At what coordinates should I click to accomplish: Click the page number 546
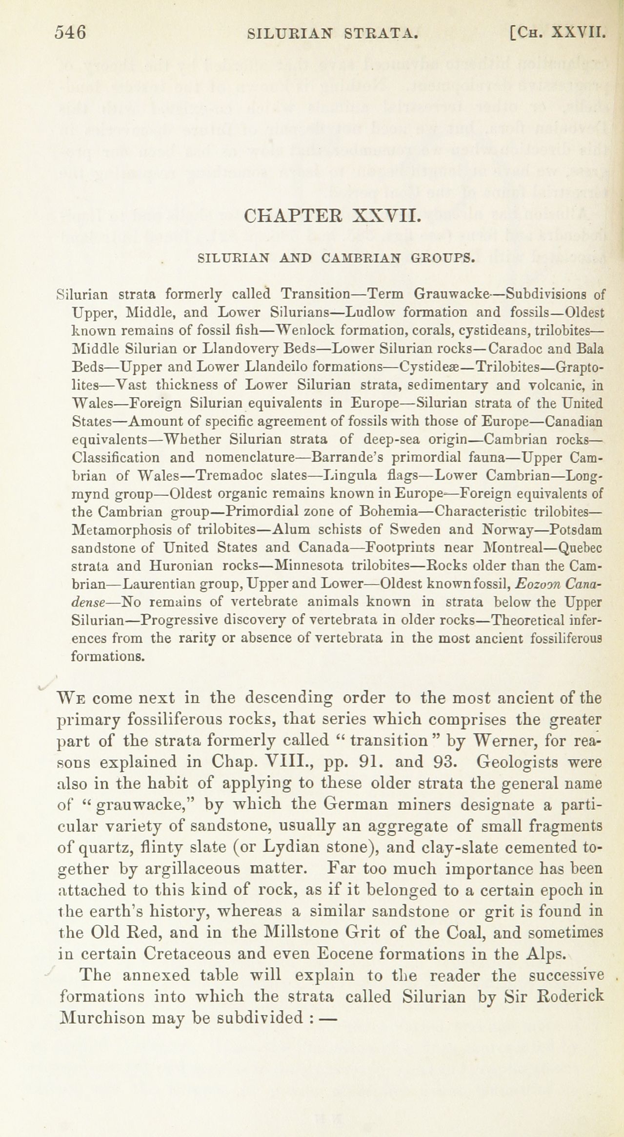click(x=70, y=33)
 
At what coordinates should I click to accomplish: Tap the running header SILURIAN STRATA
click(x=333, y=34)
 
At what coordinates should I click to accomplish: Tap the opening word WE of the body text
click(x=72, y=698)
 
